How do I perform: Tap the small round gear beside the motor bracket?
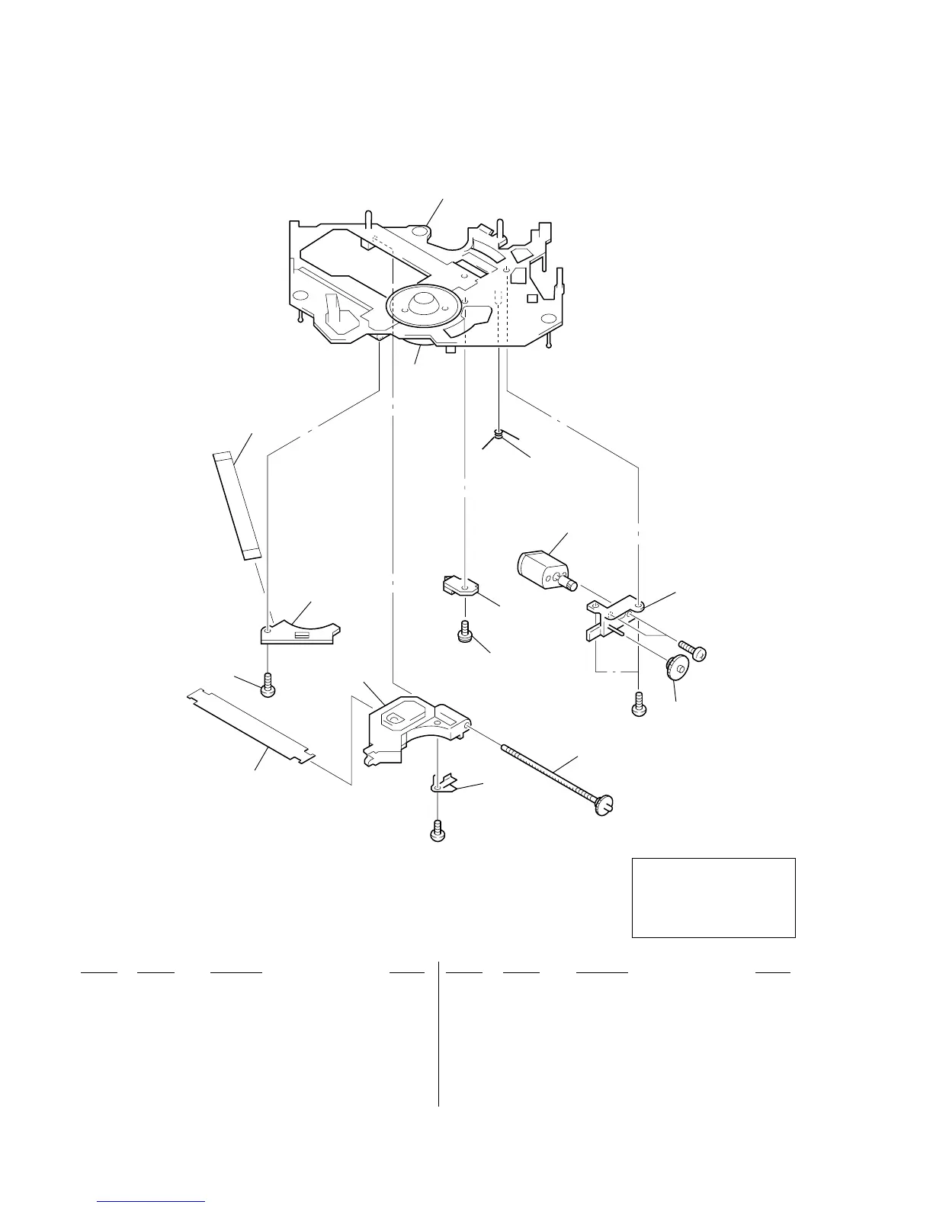(676, 667)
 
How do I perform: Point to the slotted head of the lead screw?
(604, 805)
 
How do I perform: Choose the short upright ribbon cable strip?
(235, 506)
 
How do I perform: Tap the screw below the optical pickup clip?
(438, 831)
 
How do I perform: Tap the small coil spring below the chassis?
(499, 435)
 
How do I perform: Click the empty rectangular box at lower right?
(713, 897)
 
